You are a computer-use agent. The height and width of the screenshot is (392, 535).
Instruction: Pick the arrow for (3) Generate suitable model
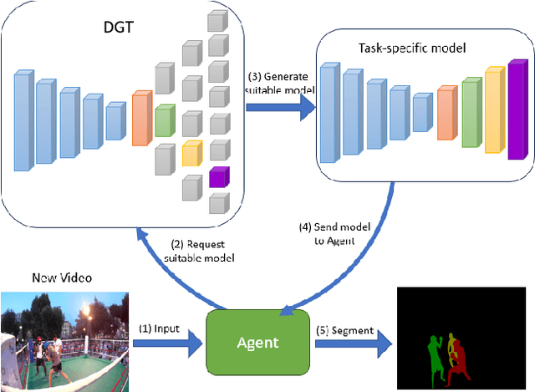(279, 106)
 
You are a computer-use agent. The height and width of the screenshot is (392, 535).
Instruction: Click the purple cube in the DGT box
(218, 176)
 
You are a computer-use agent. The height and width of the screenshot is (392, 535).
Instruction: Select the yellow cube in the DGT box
(191, 152)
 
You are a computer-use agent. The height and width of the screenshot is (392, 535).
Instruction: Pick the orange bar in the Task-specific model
(447, 113)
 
